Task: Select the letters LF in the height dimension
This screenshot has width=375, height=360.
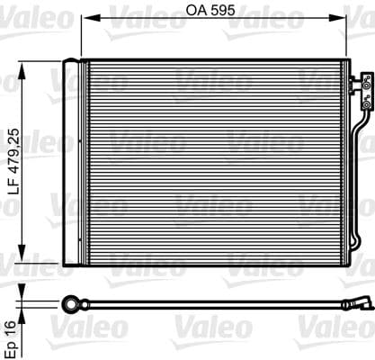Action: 10,184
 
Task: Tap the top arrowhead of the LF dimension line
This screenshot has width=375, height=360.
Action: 22,64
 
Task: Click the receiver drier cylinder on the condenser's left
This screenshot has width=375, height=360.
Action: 72,162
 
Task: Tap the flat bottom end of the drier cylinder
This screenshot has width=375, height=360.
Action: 72,262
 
